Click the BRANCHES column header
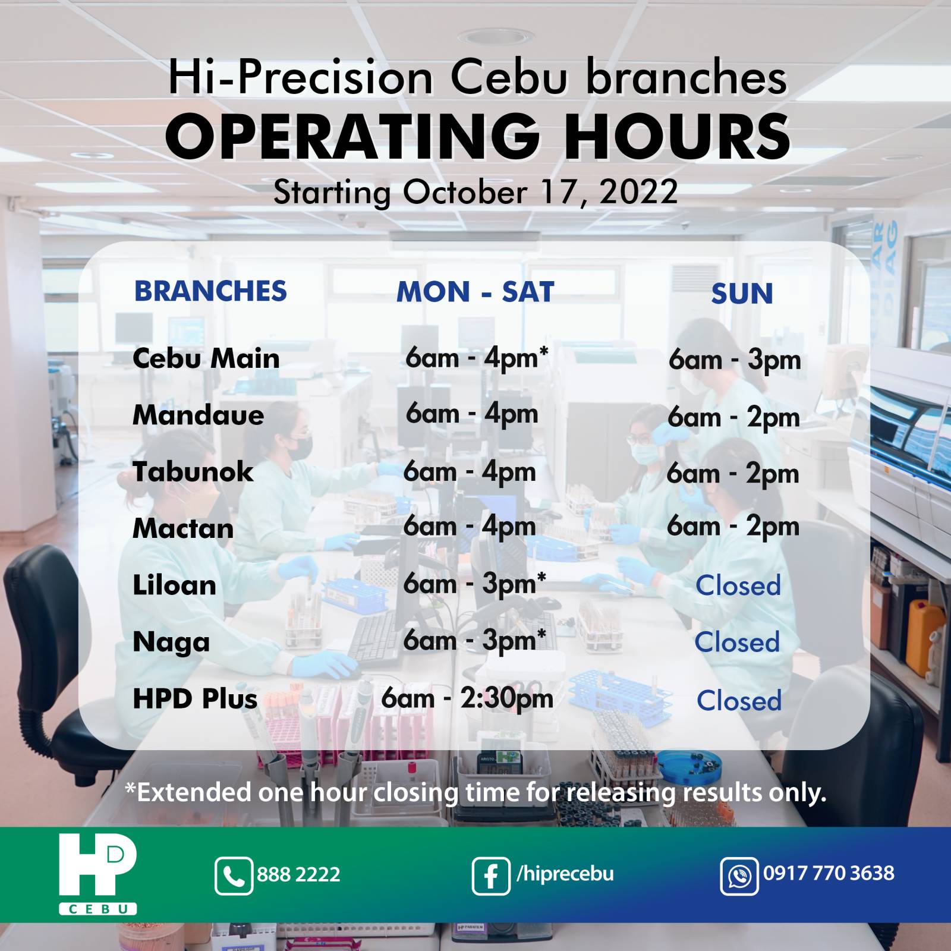(x=210, y=291)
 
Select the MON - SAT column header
(x=475, y=292)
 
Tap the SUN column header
(x=742, y=294)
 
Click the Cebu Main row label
(x=206, y=358)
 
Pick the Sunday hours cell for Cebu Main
(x=735, y=360)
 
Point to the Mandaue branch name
(x=198, y=415)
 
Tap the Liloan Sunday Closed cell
(x=738, y=585)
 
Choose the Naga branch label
(x=171, y=643)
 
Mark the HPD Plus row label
(x=195, y=698)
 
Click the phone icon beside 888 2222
(x=234, y=876)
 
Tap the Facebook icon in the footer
(x=491, y=876)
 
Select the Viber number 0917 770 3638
(x=829, y=873)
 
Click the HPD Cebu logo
(x=98, y=873)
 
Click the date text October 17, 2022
(x=540, y=192)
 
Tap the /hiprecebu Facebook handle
(x=565, y=874)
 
